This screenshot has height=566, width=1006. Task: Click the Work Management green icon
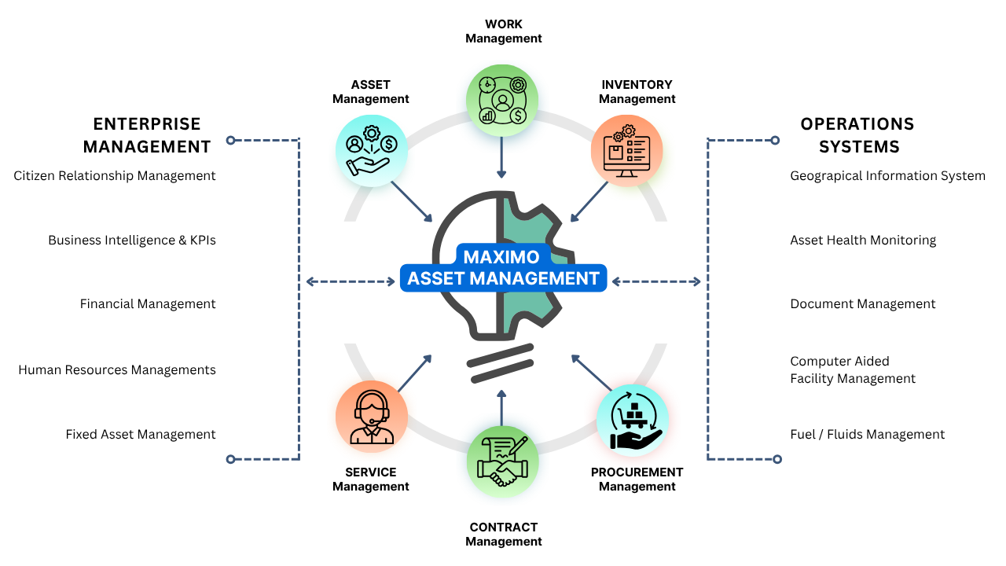click(x=502, y=100)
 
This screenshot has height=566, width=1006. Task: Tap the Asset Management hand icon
click(x=372, y=150)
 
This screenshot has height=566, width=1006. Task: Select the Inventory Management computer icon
click(x=626, y=150)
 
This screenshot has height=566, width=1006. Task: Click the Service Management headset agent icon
click(x=371, y=417)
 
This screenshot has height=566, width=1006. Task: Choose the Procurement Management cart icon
click(x=633, y=421)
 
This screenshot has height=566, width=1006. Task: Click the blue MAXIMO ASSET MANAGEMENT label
click(x=503, y=268)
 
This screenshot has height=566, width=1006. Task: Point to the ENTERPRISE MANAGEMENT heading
click(x=147, y=135)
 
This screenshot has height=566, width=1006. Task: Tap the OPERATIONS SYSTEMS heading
click(x=857, y=135)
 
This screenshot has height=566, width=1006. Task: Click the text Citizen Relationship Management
click(x=115, y=176)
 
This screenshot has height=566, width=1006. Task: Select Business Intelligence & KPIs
click(x=132, y=241)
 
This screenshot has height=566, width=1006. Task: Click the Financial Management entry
click(x=148, y=304)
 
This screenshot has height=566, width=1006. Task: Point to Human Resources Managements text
click(x=117, y=369)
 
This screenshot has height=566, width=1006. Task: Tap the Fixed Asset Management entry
click(x=141, y=435)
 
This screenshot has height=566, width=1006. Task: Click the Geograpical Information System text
click(x=887, y=176)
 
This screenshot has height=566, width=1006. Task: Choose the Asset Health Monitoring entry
click(x=863, y=241)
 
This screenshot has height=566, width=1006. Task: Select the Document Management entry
click(x=863, y=304)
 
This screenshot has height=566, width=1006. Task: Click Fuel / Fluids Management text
click(x=868, y=435)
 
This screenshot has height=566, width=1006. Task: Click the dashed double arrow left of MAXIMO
click(x=351, y=281)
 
